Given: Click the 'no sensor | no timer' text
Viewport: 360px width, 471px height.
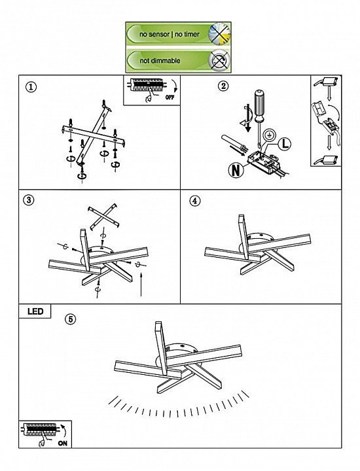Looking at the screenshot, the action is [x=169, y=34].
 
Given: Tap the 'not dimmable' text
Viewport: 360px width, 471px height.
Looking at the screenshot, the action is [x=160, y=61].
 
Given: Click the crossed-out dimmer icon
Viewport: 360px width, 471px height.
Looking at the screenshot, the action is [x=219, y=61].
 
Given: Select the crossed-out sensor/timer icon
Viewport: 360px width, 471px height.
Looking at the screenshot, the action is [x=219, y=33].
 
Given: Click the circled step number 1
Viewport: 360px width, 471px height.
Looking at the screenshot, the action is [x=31, y=88].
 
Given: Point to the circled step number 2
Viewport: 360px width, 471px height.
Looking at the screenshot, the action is [x=223, y=86].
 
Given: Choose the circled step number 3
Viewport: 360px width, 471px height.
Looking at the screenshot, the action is [x=29, y=200].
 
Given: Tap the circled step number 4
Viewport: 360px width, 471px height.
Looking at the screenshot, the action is [x=195, y=201].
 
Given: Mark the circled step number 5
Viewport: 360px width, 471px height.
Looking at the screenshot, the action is [x=71, y=319].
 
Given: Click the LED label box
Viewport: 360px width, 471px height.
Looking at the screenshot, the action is [x=35, y=311].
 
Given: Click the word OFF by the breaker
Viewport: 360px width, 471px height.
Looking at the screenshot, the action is [x=170, y=97].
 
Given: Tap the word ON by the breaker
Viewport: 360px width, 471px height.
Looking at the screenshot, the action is [x=62, y=443].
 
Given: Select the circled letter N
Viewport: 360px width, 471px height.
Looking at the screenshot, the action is [x=236, y=170].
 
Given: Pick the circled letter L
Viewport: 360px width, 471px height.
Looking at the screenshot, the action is [x=284, y=144].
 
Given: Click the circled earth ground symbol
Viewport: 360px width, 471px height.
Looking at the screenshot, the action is [x=268, y=136].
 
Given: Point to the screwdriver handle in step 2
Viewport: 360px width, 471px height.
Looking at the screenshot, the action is [x=259, y=105].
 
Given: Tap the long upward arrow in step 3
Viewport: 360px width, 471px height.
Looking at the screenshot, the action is [x=141, y=284].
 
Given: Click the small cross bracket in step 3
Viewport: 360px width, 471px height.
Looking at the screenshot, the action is [x=103, y=217].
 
